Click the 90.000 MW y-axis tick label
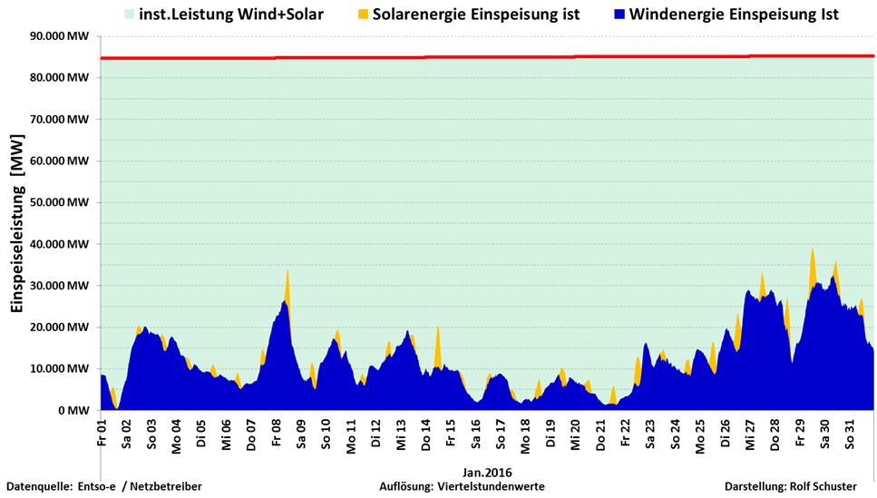pyautogui.click(x=59, y=36)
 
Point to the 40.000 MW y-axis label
pyautogui.click(x=59, y=244)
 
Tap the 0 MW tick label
pyautogui.click(x=73, y=410)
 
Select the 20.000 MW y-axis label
pyautogui.click(x=59, y=327)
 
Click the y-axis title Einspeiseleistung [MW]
pyautogui.click(x=16, y=222)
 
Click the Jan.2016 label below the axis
pyautogui.click(x=488, y=472)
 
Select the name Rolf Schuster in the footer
pyautogui.click(x=824, y=487)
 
